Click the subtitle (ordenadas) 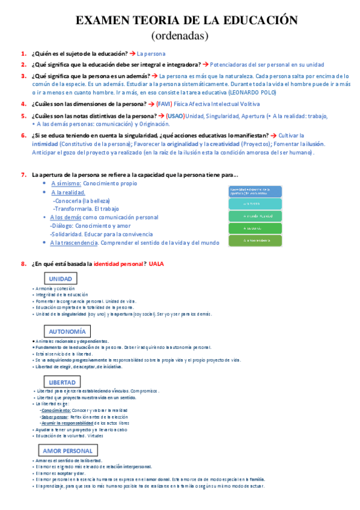click(180, 35)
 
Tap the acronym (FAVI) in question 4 click(164, 103)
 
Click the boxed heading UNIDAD click(60, 278)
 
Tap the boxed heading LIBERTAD click(62, 382)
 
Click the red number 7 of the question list click(23, 174)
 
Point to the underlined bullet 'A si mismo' click(64, 183)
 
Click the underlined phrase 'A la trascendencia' click(73, 242)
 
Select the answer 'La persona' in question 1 click(151, 54)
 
